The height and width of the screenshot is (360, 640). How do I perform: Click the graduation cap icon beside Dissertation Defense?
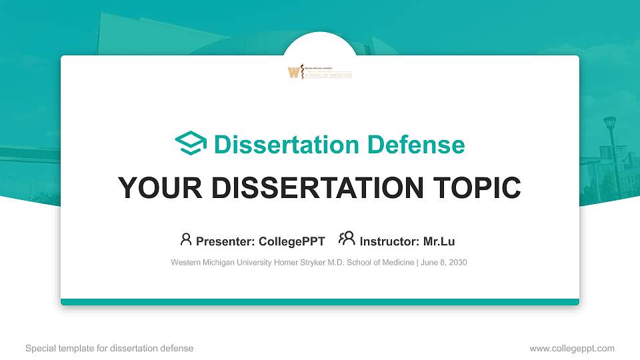pyautogui.click(x=191, y=143)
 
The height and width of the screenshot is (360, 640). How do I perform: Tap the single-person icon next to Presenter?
pyautogui.click(x=186, y=239)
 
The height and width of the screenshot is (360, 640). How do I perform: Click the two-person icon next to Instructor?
pyautogui.click(x=347, y=239)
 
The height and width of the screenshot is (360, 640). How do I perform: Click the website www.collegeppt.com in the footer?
pyautogui.click(x=571, y=348)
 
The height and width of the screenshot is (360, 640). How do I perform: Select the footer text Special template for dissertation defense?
pyautogui.click(x=109, y=348)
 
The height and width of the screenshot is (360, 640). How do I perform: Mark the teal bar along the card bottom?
pyautogui.click(x=320, y=302)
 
